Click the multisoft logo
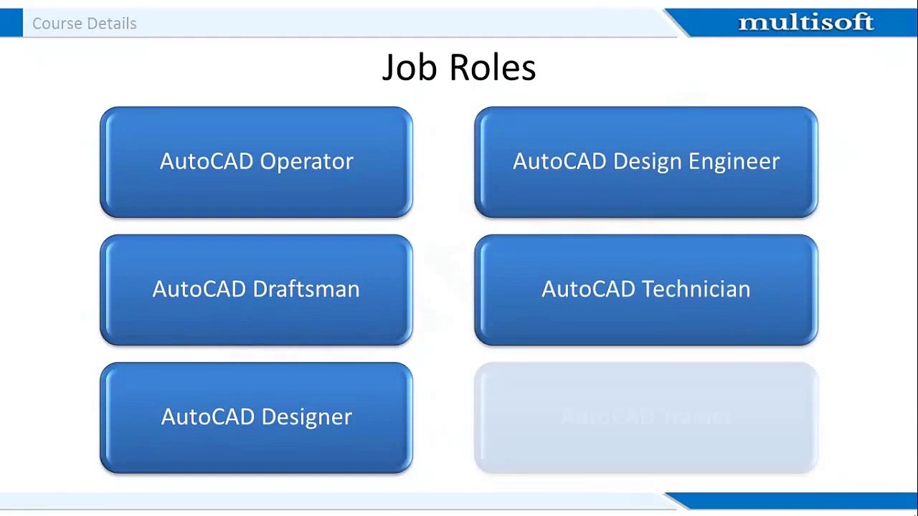pos(805,23)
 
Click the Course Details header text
pos(84,24)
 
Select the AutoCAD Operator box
pos(256,162)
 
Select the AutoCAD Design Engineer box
pos(645,162)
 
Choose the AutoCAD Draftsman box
pos(256,290)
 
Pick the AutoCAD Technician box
pos(645,290)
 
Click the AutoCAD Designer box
pos(256,417)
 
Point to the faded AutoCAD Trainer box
pos(645,417)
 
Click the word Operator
pos(306,162)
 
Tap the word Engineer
pos(734,162)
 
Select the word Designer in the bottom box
pos(306,417)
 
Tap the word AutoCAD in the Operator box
pos(207,162)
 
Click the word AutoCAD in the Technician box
pos(589,290)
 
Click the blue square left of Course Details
pos(11,23)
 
